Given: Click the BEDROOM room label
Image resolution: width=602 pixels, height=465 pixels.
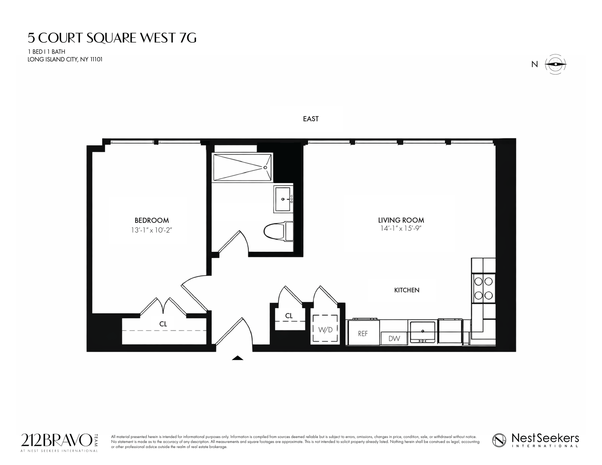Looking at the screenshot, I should pyautogui.click(x=151, y=220).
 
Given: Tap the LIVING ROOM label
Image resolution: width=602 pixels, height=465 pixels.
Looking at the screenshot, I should pyautogui.click(x=401, y=220).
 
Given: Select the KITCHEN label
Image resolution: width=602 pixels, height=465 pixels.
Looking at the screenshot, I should pyautogui.click(x=407, y=290).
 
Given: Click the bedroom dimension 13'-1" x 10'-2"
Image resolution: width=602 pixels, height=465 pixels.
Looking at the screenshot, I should pyautogui.click(x=152, y=230).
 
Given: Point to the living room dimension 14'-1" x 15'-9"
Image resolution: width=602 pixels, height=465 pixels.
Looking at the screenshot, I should pyautogui.click(x=401, y=229).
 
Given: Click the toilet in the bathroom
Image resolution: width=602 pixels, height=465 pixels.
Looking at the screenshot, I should pyautogui.click(x=277, y=231).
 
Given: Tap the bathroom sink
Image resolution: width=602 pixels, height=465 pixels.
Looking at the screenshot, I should pyautogui.click(x=283, y=199).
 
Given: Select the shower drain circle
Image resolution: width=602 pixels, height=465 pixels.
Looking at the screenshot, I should pyautogui.click(x=265, y=167).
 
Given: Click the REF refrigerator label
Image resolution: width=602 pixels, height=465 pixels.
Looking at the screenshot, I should pyautogui.click(x=363, y=334).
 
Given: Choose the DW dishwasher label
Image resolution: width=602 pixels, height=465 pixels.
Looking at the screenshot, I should pyautogui.click(x=394, y=339).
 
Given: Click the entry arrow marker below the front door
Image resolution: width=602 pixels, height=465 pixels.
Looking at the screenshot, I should pyautogui.click(x=237, y=358).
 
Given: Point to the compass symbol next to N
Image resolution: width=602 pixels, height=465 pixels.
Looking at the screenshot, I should pyautogui.click(x=555, y=64).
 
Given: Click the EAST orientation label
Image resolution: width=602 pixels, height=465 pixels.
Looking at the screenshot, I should pyautogui.click(x=311, y=119).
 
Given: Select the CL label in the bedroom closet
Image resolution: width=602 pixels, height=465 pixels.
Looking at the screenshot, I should pyautogui.click(x=163, y=324).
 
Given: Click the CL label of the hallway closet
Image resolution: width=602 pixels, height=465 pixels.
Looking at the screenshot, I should pyautogui.click(x=289, y=316).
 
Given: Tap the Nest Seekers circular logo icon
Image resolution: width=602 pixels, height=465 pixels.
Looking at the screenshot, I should pyautogui.click(x=499, y=440).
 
